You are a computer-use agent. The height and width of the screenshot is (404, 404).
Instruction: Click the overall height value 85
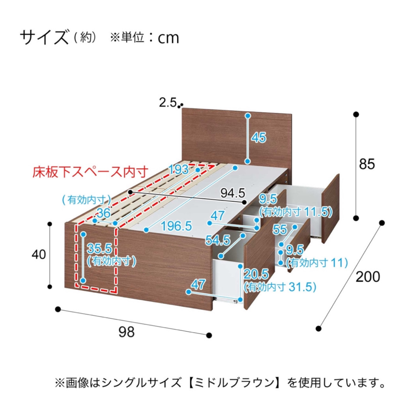coord(367,164)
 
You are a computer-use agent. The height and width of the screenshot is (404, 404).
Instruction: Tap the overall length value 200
coord(368,277)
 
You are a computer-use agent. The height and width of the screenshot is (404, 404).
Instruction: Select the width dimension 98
coord(127,332)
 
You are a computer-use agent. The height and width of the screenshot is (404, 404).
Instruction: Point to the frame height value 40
coord(39,254)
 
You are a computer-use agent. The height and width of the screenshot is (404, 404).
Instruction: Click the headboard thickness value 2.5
coord(168,103)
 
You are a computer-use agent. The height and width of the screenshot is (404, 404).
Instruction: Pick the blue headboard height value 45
coord(259,137)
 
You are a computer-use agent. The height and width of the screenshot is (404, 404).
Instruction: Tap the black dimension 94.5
coord(233,193)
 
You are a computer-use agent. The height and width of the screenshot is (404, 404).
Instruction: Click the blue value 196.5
coord(176,226)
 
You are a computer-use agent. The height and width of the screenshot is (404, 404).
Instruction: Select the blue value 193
coord(179,170)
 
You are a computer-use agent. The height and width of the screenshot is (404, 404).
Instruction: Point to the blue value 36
coord(104,213)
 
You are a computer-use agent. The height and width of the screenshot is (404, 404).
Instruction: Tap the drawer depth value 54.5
coord(218,240)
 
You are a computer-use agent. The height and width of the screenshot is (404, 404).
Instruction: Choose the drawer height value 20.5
coord(256,274)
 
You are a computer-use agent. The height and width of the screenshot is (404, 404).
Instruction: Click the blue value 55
coord(280,229)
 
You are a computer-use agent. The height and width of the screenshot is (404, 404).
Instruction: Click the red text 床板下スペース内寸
coord(91,172)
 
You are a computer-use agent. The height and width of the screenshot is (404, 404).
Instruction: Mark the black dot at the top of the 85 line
coord(356,114)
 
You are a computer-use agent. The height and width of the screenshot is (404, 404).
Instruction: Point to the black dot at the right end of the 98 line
coord(209,335)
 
